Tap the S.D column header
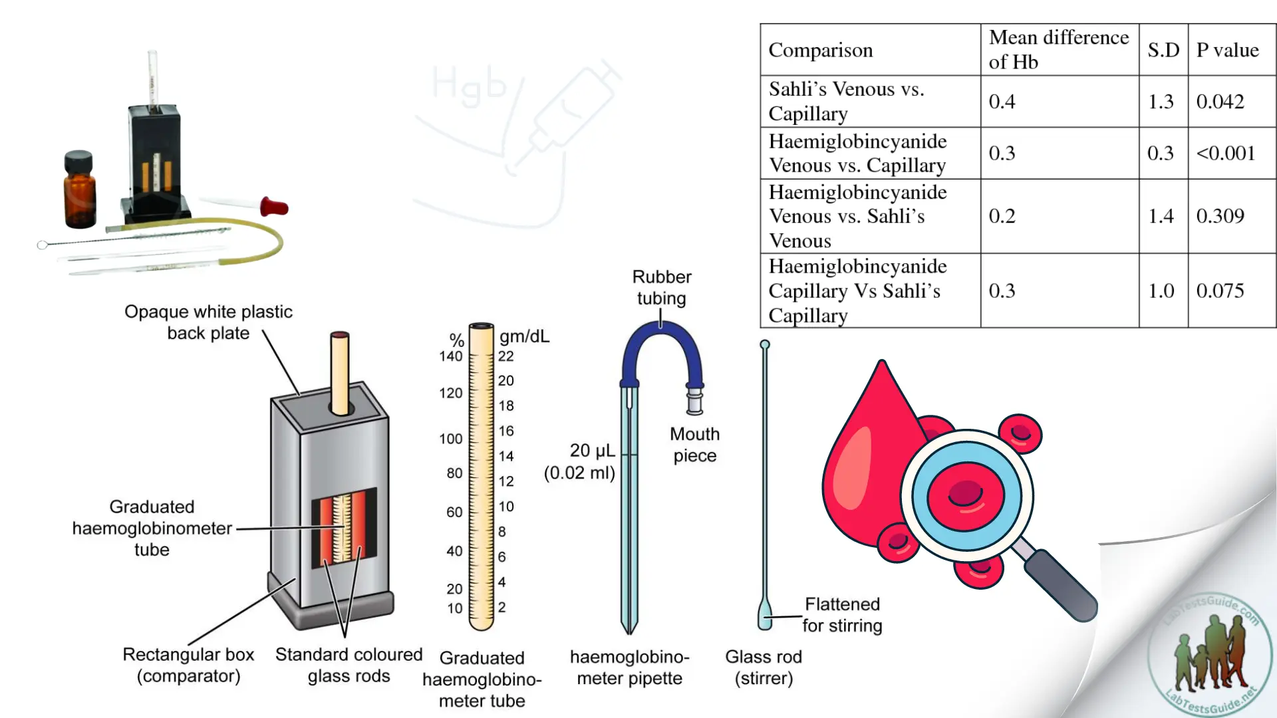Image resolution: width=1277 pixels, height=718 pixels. pyautogui.click(x=1163, y=50)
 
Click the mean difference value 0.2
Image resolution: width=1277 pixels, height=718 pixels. pyautogui.click(x=1002, y=216)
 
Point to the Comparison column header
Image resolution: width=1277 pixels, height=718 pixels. pyautogui.click(x=821, y=50)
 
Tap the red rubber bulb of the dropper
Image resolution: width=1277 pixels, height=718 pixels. pyautogui.click(x=274, y=207)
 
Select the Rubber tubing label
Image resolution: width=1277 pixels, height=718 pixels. pyautogui.click(x=661, y=287)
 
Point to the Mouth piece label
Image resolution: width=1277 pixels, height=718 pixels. pyautogui.click(x=694, y=445)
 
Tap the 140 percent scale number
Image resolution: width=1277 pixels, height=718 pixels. pyautogui.click(x=450, y=356)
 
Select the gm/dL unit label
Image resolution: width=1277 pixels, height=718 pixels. pyautogui.click(x=525, y=336)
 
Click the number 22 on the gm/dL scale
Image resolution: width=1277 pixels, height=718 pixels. pyautogui.click(x=506, y=356)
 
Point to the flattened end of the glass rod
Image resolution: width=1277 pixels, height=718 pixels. pyautogui.click(x=765, y=614)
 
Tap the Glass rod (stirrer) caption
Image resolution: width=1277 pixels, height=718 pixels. pyautogui.click(x=764, y=667)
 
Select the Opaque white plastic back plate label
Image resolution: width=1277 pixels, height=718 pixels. pyautogui.click(x=208, y=322)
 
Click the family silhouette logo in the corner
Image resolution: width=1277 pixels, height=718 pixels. pyautogui.click(x=1210, y=655)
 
